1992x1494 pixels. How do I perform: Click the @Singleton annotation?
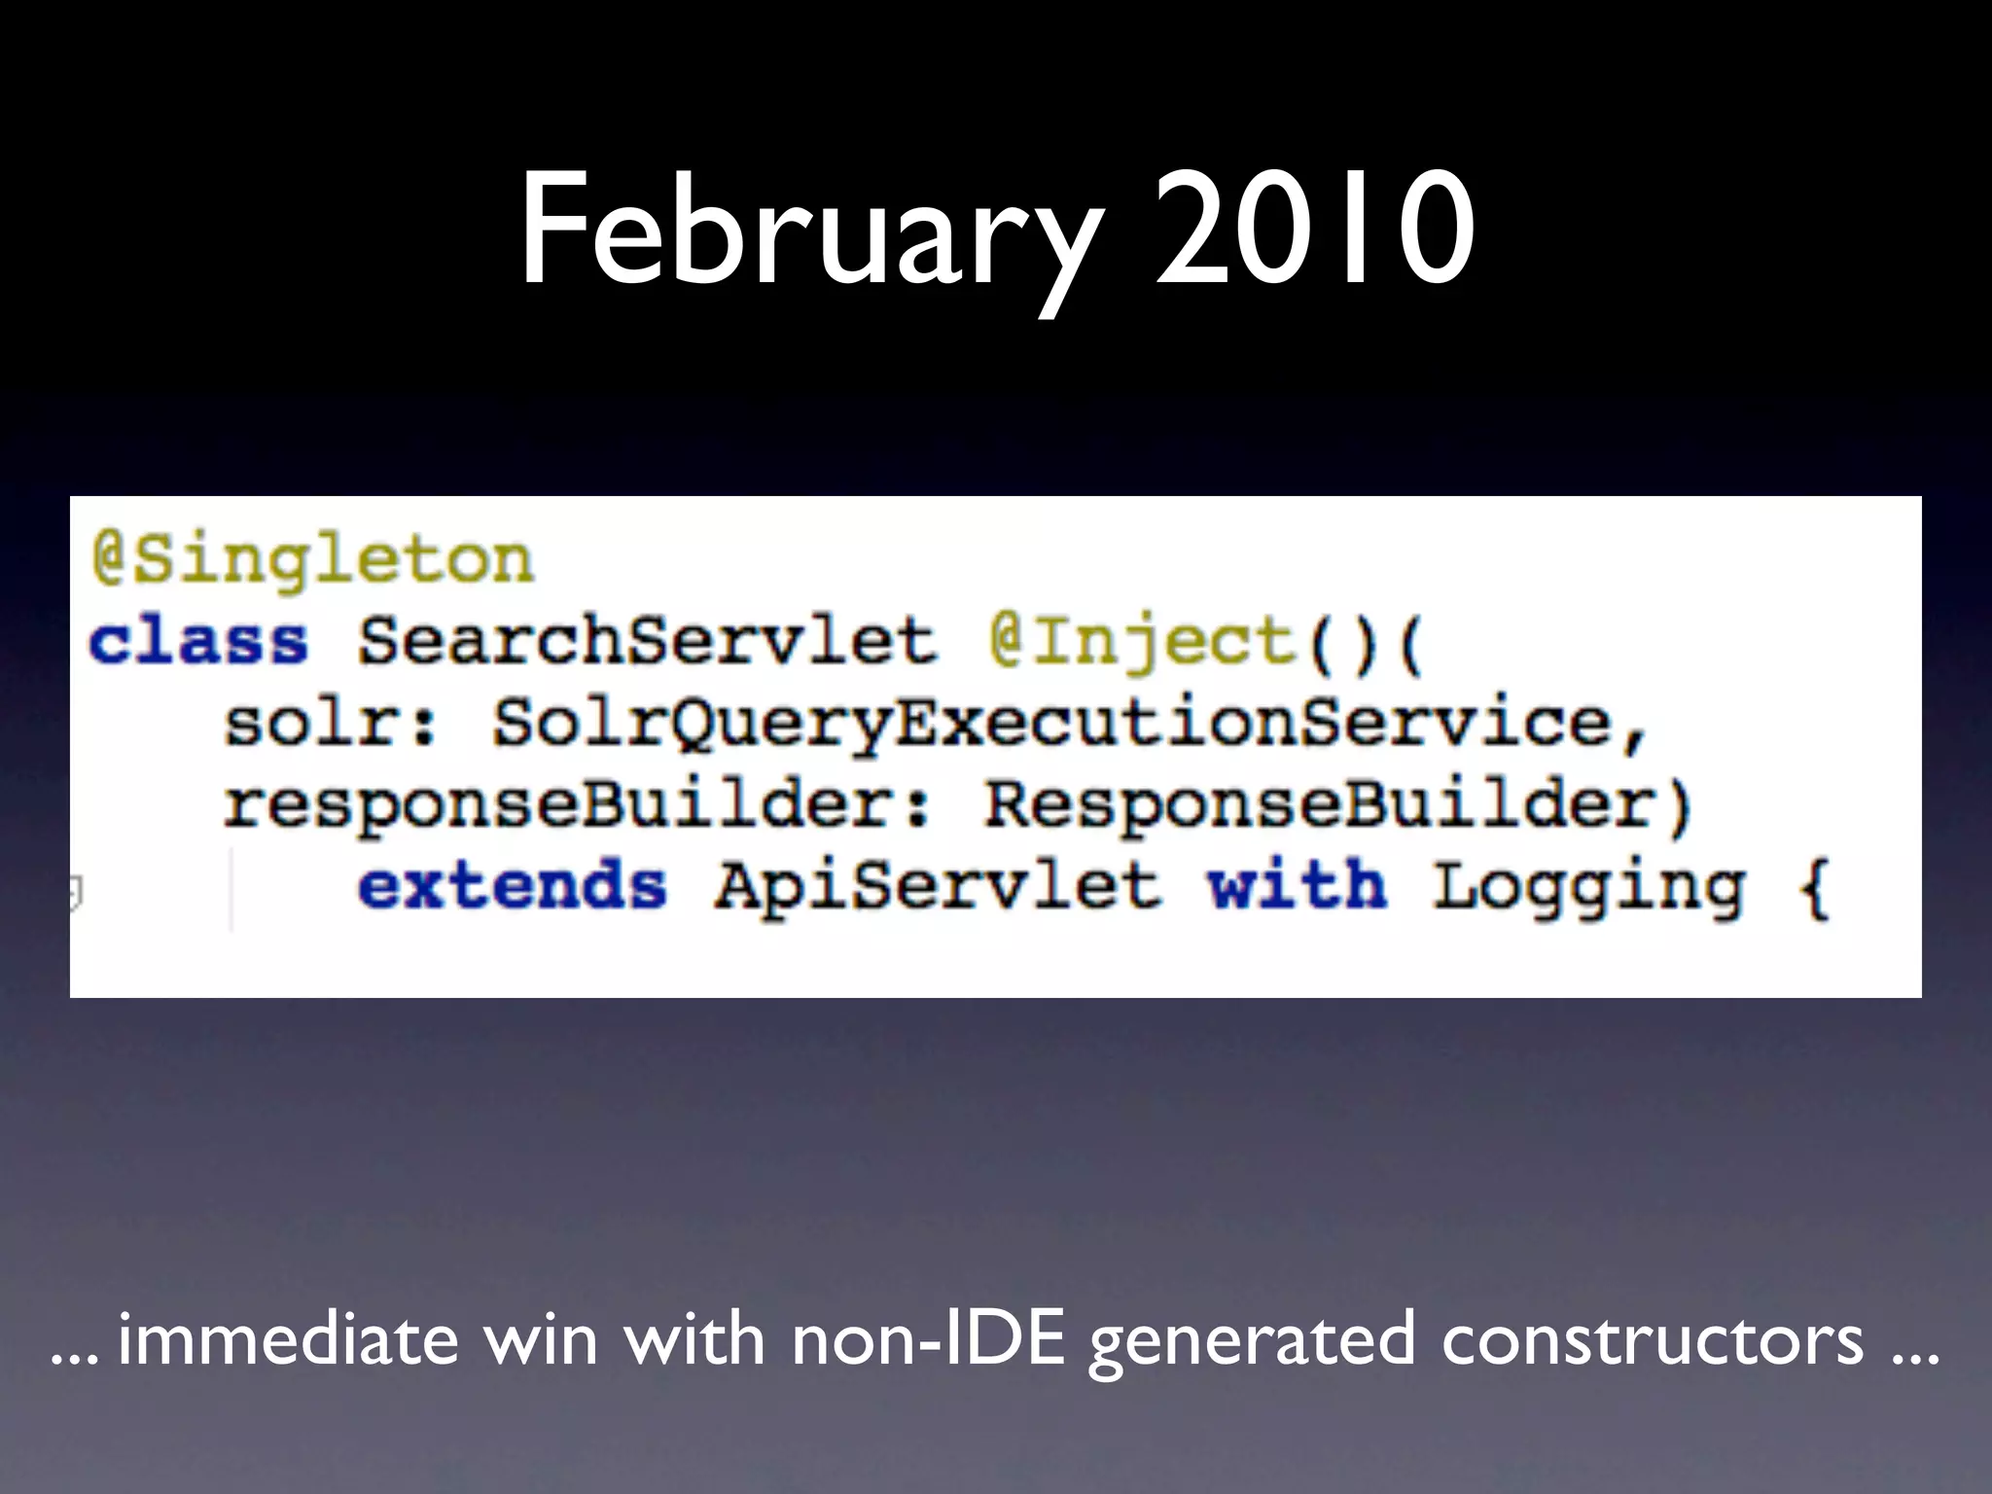point(313,561)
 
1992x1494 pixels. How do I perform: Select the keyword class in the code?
point(198,643)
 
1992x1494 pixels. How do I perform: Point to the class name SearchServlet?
point(647,643)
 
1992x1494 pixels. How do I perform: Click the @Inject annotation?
point(1144,643)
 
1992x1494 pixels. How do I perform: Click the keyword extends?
point(513,887)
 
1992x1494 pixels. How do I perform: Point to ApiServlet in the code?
point(938,887)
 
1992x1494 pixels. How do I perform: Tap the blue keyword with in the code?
point(1297,887)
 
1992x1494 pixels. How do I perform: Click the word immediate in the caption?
point(288,1340)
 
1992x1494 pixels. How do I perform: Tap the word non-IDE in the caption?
point(928,1340)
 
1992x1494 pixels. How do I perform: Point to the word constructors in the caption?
point(1653,1340)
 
